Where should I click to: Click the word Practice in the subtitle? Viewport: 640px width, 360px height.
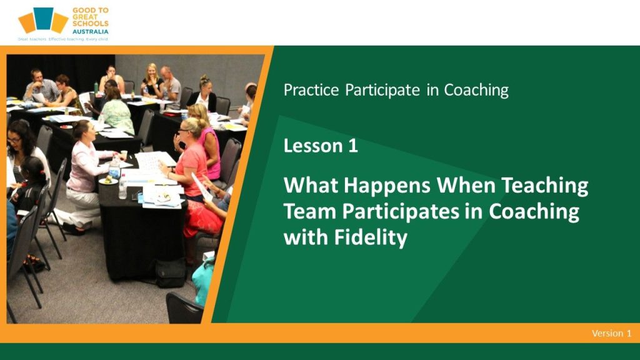pos(311,90)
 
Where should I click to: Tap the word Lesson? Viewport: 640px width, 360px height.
pos(311,146)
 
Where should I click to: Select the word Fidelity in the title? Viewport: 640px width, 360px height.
pos(371,237)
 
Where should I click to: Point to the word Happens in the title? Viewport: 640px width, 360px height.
pos(387,186)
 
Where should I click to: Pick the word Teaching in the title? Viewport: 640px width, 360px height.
pos(544,186)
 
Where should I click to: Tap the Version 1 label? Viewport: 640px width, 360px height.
pos(611,334)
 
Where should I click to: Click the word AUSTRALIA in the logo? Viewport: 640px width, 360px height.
pos(90,31)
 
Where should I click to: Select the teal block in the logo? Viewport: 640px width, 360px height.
pos(43,18)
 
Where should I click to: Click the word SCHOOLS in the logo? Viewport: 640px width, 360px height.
pos(90,24)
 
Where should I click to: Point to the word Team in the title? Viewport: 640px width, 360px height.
pos(309,211)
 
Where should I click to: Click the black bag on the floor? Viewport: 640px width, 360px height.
pos(171,273)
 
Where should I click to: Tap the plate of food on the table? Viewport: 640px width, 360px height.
pos(108,180)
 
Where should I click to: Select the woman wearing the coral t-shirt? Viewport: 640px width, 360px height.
pos(192,163)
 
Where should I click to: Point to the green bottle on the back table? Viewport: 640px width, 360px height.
pos(96,87)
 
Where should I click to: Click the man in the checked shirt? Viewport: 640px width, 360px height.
pos(41,86)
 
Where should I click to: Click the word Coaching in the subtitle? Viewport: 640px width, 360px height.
pos(476,90)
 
